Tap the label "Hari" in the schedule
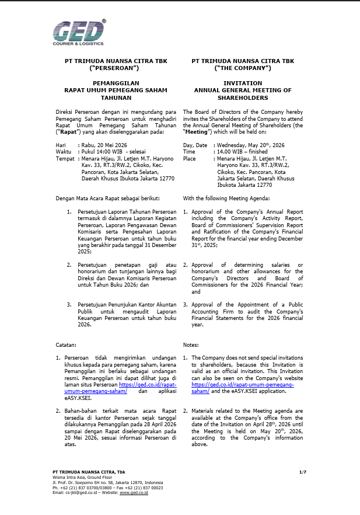click(x=61, y=144)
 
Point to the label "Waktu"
click(x=63, y=151)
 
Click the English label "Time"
click(x=189, y=151)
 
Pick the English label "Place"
click(x=190, y=158)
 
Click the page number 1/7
click(x=302, y=471)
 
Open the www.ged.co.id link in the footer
click(x=134, y=493)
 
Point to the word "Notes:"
click(x=191, y=346)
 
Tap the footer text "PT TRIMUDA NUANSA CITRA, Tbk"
click(x=89, y=471)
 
